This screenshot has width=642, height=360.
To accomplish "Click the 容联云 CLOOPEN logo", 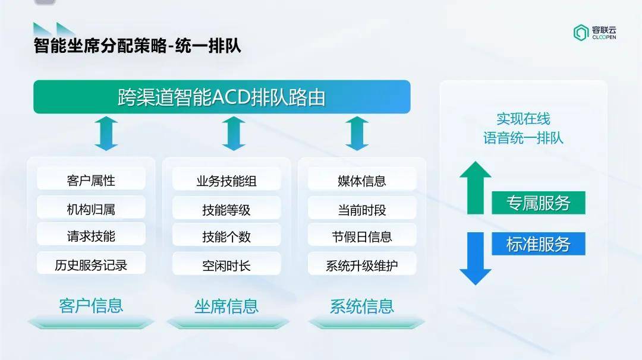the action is click(595, 33).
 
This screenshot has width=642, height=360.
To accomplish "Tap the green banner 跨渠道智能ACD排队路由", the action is click(222, 97).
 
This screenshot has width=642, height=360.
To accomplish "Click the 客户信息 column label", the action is click(91, 306).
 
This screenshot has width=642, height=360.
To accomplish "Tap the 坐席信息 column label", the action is click(226, 307).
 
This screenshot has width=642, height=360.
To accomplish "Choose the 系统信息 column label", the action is click(362, 307).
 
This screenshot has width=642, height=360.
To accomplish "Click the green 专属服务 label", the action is click(539, 203).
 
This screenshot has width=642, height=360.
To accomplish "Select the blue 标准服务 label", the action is click(539, 244).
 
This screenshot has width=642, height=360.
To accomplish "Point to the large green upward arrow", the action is click(476, 188).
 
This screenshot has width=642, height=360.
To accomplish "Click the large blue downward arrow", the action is click(476, 258).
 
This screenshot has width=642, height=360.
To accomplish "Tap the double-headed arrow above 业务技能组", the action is click(234, 133).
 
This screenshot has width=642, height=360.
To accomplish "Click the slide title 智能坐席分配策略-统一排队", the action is click(137, 45).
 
